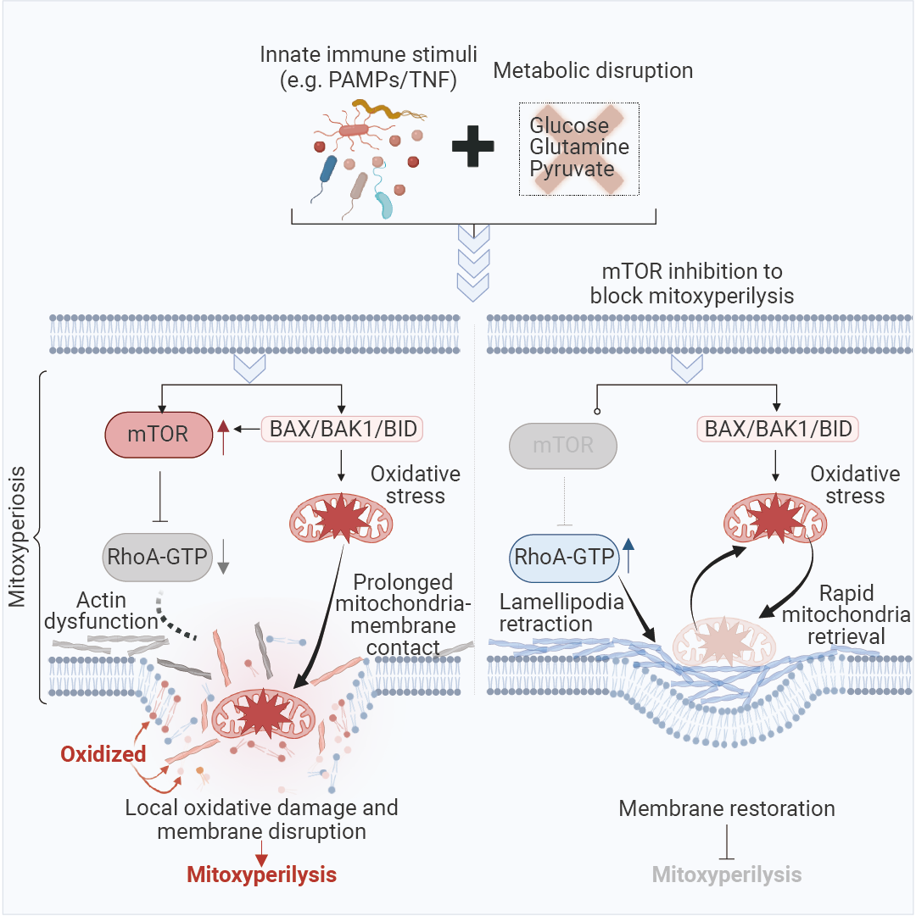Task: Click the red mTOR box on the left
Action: click(x=159, y=435)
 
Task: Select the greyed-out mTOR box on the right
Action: click(x=563, y=444)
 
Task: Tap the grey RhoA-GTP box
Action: click(x=158, y=558)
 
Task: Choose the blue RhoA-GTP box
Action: click(x=563, y=557)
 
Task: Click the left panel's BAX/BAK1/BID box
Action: click(x=342, y=429)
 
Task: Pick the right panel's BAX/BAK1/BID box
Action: click(x=778, y=429)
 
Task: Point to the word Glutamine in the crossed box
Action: click(x=579, y=147)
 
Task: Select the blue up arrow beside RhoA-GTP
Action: click(x=628, y=557)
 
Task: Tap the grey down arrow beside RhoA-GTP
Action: click(x=224, y=558)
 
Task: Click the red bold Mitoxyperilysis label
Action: click(x=261, y=874)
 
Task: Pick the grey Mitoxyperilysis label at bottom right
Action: click(x=727, y=874)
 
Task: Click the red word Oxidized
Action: click(x=103, y=753)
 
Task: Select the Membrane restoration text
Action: click(x=727, y=808)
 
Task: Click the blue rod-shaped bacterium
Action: click(x=327, y=169)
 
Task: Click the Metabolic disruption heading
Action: click(x=593, y=70)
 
